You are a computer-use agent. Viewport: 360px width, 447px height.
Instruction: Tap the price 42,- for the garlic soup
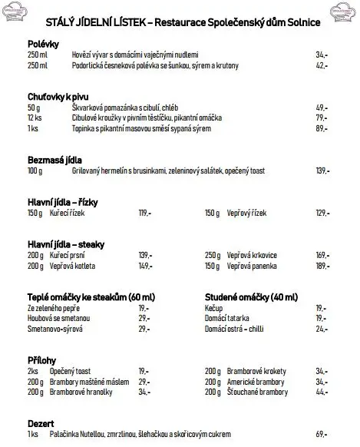[322, 66]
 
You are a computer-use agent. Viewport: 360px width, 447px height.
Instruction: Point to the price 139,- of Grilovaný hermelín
[322, 171]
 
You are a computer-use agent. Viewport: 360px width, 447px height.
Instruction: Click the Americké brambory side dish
[254, 381]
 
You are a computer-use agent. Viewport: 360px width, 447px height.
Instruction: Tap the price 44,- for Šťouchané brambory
[322, 392]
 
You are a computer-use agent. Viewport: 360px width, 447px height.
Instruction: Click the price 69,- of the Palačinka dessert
[322, 434]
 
